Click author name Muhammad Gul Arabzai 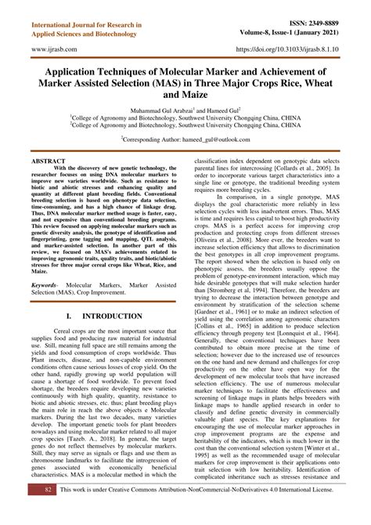[159, 111]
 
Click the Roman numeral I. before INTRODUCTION [70, 295]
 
